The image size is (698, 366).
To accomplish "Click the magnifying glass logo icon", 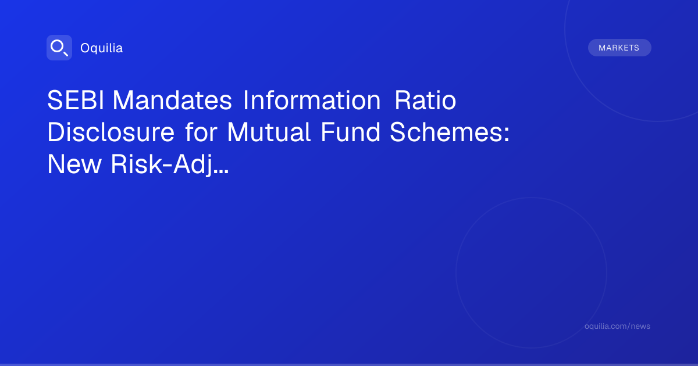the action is pos(59,48).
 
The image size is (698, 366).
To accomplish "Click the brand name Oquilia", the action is pos(102,48).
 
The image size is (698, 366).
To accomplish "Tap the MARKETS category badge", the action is pos(619,48).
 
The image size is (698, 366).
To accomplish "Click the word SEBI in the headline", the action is pos(76,100).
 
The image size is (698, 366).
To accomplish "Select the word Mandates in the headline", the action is pos(172,100).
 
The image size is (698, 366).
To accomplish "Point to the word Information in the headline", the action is pos(312,100).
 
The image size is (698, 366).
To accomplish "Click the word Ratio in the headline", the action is pos(425,100).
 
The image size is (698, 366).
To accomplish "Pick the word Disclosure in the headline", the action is pos(111,132).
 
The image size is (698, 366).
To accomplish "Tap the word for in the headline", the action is pos(201,132).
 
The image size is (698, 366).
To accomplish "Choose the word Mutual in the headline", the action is pos(269,132).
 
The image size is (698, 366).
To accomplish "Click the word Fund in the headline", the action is pos(351,132).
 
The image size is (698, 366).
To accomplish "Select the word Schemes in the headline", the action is pos(446,132).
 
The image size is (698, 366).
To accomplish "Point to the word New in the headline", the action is pos(74,164).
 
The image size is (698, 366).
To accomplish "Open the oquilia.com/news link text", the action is pos(617,326).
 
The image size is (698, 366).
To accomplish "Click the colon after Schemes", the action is pos(507,135).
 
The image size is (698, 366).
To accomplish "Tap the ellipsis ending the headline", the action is pos(222,171).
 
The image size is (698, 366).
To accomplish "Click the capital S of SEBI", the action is pos(55,100).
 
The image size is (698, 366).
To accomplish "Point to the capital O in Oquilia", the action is pos(85,48).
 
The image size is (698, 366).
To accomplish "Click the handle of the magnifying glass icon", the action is pos(66,54).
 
